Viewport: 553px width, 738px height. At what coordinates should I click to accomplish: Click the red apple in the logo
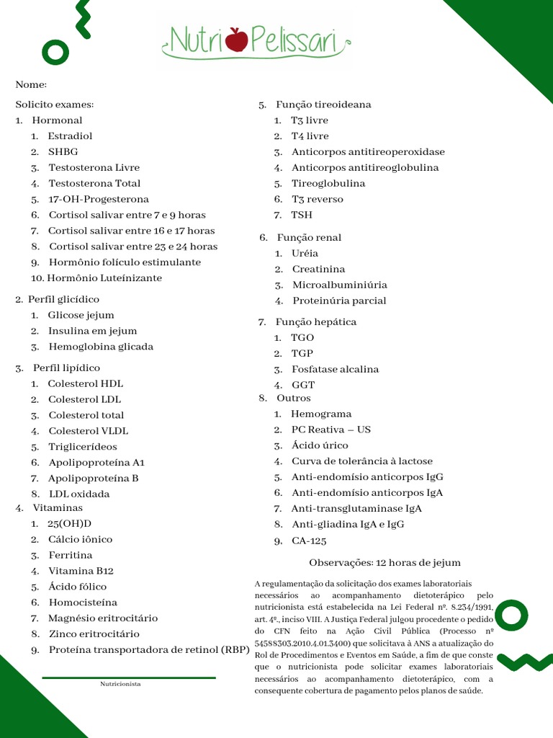click(x=236, y=39)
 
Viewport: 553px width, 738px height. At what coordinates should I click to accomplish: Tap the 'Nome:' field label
click(x=31, y=85)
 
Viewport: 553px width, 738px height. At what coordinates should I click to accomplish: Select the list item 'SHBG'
click(x=63, y=151)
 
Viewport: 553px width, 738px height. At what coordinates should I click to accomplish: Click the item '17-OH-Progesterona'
click(x=99, y=199)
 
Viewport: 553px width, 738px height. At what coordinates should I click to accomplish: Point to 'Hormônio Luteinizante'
click(x=105, y=278)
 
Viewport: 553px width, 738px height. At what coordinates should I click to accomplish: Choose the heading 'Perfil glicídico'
click(x=64, y=299)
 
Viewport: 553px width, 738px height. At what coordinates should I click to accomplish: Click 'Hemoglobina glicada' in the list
click(x=100, y=347)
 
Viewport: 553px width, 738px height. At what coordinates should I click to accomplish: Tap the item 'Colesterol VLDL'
click(x=88, y=431)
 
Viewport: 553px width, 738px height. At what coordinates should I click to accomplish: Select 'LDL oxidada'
click(x=79, y=494)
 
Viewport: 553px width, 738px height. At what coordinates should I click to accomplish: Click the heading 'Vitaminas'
click(x=58, y=507)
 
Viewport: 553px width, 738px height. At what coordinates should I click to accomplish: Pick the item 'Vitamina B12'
click(x=81, y=571)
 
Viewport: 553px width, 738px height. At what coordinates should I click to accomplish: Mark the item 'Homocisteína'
click(x=83, y=603)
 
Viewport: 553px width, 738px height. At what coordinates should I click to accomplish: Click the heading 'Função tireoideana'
click(x=323, y=105)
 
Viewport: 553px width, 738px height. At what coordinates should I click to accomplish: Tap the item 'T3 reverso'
click(x=317, y=199)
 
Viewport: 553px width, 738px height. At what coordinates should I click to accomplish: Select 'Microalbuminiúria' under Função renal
click(x=339, y=285)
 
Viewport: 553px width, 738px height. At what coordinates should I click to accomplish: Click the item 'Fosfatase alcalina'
click(x=335, y=369)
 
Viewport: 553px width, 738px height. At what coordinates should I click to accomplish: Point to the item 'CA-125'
click(x=309, y=541)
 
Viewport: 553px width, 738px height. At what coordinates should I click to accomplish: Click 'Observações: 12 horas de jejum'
click(x=385, y=562)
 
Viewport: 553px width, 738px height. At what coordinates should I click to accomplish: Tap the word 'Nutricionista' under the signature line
click(x=120, y=684)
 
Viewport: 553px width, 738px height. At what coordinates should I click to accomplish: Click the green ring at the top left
click(x=55, y=50)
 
